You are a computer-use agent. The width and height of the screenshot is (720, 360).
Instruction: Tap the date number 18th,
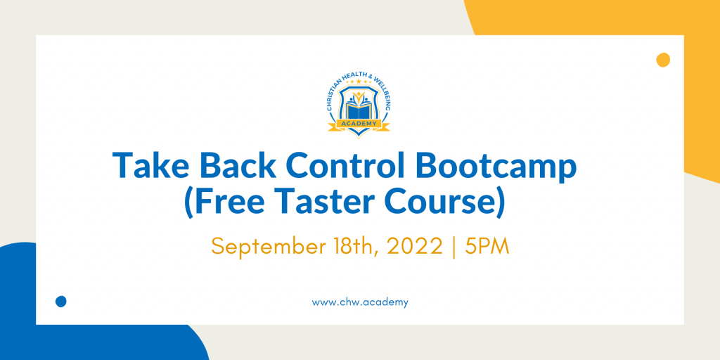(360, 247)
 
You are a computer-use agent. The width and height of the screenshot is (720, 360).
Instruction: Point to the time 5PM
(487, 247)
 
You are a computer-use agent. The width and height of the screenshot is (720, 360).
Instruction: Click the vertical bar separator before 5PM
(454, 248)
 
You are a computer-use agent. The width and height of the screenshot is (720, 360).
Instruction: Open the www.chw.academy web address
(359, 302)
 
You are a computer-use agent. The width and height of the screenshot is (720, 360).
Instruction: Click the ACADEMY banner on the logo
(359, 123)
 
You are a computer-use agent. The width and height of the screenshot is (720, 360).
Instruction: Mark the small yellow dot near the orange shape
(663, 60)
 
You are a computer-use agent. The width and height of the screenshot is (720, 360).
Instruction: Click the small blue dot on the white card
(60, 301)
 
